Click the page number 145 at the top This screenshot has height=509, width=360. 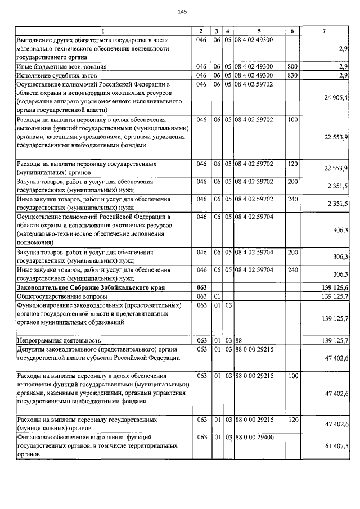click(182, 12)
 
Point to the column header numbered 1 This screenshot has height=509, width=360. click(103, 31)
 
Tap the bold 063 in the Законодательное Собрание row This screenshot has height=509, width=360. click(201, 287)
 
